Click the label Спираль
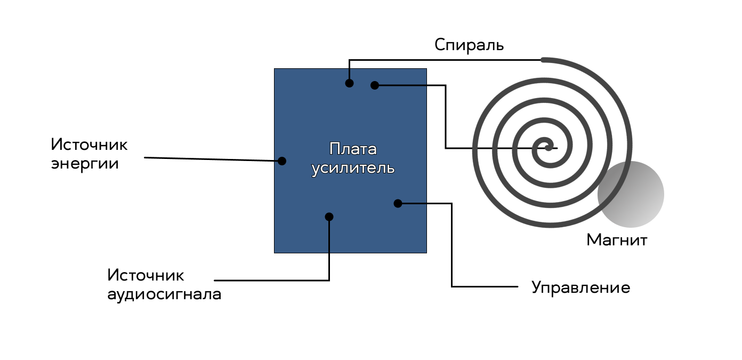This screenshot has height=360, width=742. click(x=469, y=45)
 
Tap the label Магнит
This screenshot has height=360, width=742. click(x=617, y=240)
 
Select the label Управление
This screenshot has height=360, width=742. click(x=580, y=287)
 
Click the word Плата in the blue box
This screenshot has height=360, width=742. click(x=353, y=149)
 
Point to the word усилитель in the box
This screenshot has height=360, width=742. click(x=353, y=168)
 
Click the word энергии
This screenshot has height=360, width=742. click(x=85, y=164)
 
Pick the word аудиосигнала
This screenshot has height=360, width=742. click(x=164, y=295)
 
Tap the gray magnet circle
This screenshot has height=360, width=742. click(x=631, y=194)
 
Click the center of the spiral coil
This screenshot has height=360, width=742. click(x=549, y=148)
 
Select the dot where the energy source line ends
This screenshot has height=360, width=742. click(x=282, y=161)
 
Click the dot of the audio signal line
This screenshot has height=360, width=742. click(x=329, y=217)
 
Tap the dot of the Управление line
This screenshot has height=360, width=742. click(x=398, y=204)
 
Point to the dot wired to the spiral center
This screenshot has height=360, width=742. click(x=375, y=85)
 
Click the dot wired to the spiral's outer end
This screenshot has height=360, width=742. click(x=349, y=83)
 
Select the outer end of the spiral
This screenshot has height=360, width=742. click(x=543, y=60)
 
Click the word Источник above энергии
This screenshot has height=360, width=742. click(x=89, y=145)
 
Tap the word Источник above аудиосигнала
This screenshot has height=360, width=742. click(x=146, y=276)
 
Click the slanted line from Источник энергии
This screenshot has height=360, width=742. click(x=213, y=159)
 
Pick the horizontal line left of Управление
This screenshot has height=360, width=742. click(x=485, y=286)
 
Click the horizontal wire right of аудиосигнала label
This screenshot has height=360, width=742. click(x=272, y=281)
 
